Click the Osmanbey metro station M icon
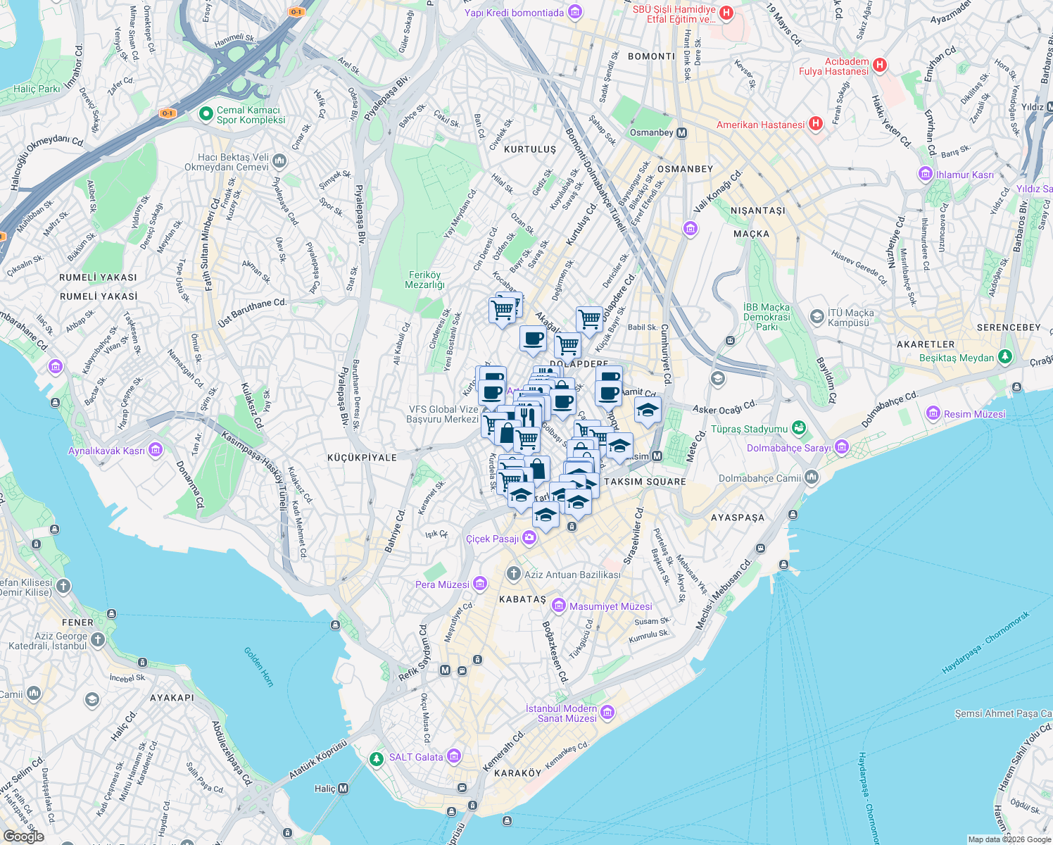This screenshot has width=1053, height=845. [x=681, y=132]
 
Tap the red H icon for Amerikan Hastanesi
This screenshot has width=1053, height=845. [x=816, y=124]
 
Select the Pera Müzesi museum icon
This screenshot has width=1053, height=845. [x=480, y=584]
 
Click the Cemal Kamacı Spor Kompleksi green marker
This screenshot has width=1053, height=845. [x=206, y=114]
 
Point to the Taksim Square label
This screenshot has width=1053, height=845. [x=645, y=482]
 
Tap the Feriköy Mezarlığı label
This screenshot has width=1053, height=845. [x=424, y=280]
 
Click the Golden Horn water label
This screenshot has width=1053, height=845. [x=258, y=666]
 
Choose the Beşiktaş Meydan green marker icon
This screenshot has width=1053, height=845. [x=1005, y=357]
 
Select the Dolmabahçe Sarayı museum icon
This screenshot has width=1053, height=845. [x=842, y=447]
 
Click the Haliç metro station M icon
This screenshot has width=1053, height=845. [x=343, y=788]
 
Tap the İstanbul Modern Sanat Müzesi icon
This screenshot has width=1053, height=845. [x=607, y=713]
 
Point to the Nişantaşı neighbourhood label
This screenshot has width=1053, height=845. [x=757, y=211]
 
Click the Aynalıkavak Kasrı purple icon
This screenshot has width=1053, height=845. [x=156, y=450]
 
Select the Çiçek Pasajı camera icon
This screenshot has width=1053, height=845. [x=529, y=538]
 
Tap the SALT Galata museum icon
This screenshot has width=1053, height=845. [x=454, y=757]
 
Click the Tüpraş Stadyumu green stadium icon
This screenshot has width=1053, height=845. [x=798, y=427]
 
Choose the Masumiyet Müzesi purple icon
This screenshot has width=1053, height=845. [x=559, y=606]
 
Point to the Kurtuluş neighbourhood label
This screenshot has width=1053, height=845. [x=530, y=150]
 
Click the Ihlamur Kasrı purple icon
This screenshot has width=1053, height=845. [x=925, y=174]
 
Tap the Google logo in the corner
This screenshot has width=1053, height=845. [x=23, y=837]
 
